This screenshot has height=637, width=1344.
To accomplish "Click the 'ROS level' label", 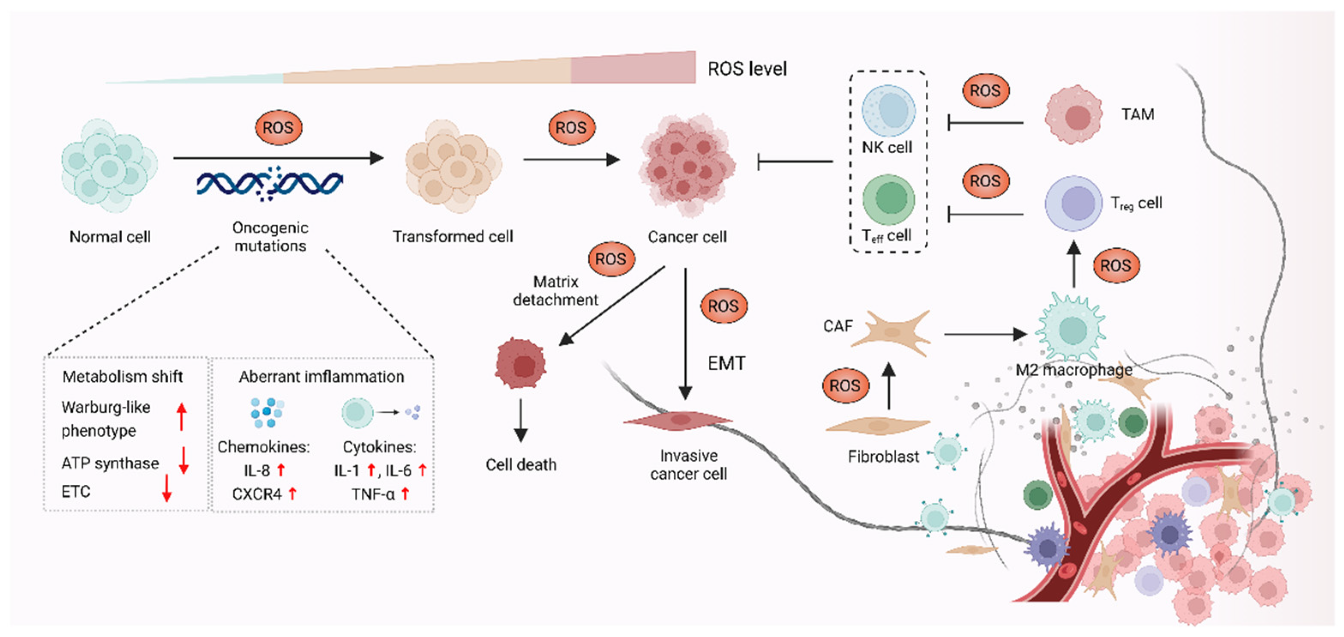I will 747,69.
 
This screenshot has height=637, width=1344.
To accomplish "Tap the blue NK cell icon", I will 888,111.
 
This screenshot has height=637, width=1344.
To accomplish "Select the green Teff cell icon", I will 888,199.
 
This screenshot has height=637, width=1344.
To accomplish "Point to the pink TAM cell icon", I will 1073,115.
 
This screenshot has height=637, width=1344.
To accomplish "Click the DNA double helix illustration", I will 269,184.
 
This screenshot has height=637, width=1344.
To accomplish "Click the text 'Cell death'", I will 521,465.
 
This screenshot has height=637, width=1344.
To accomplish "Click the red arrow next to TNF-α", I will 405,493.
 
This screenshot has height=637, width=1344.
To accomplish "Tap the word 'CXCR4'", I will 257,494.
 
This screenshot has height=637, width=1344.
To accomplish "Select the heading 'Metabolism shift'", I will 123,377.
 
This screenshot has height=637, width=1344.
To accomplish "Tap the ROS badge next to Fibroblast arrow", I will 845,386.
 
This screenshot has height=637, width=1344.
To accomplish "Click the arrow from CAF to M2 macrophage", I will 984,334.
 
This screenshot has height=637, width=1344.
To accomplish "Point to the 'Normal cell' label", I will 110,237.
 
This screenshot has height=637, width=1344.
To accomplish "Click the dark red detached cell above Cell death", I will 521,364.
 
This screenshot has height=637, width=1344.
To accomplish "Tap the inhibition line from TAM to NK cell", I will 984,123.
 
